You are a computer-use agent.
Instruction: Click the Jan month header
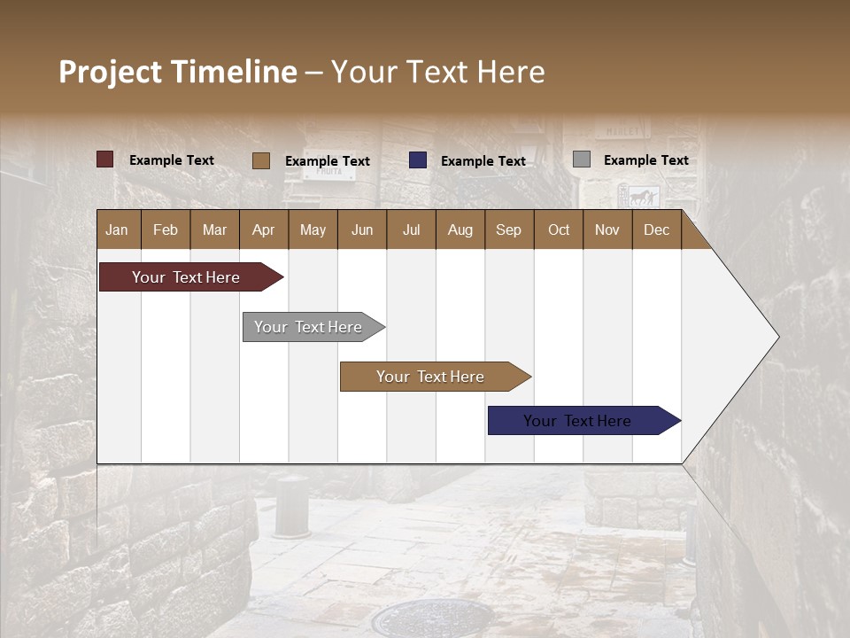point(117,230)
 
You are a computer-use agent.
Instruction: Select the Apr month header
point(263,230)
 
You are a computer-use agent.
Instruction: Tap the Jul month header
point(411,230)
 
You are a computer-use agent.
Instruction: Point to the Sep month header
point(508,230)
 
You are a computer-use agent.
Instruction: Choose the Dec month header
point(656,230)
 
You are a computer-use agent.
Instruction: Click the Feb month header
point(166,230)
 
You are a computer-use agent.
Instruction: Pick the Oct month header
point(559,230)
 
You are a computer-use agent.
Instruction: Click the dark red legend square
point(104,159)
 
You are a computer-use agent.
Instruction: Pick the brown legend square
point(260,160)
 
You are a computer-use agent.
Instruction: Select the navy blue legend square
point(418,160)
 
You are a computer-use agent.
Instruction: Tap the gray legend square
point(582,159)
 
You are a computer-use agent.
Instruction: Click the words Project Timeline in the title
point(178,72)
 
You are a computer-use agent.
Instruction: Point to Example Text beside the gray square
point(645,160)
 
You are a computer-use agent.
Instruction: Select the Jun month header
point(362,230)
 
